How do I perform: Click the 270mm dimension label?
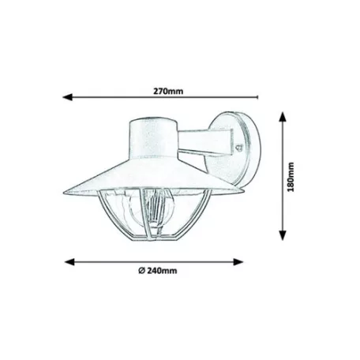(x=168, y=92)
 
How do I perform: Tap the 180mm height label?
(x=291, y=177)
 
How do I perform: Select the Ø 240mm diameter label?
(x=158, y=271)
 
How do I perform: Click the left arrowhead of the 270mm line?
(x=67, y=97)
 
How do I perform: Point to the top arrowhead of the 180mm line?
(x=283, y=117)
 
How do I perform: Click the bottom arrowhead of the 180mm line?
(x=283, y=235)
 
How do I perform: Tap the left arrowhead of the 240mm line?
(x=69, y=262)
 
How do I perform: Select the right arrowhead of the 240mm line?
(x=238, y=262)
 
